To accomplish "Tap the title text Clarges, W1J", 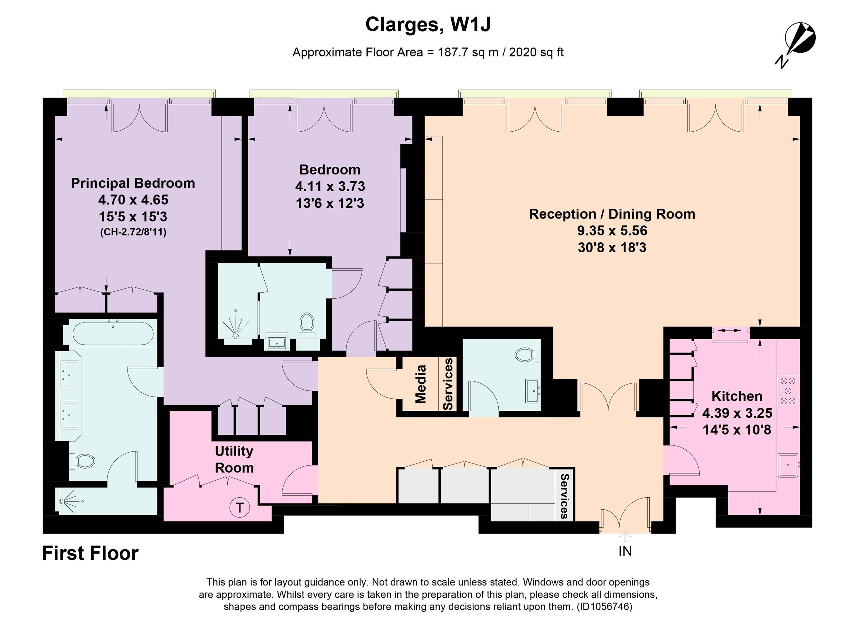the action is click(428, 25).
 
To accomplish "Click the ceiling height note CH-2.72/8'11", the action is click(133, 232).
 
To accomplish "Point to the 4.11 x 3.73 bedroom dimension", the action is click(330, 186).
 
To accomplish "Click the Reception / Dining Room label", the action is click(612, 214).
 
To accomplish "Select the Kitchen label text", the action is click(737, 396).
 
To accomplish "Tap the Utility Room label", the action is click(234, 459).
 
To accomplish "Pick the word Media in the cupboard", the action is click(420, 384).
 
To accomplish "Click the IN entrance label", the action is click(625, 552).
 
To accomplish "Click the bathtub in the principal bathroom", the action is click(113, 333).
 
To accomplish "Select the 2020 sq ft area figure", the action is click(536, 52).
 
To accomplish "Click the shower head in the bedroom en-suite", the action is click(236, 335).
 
